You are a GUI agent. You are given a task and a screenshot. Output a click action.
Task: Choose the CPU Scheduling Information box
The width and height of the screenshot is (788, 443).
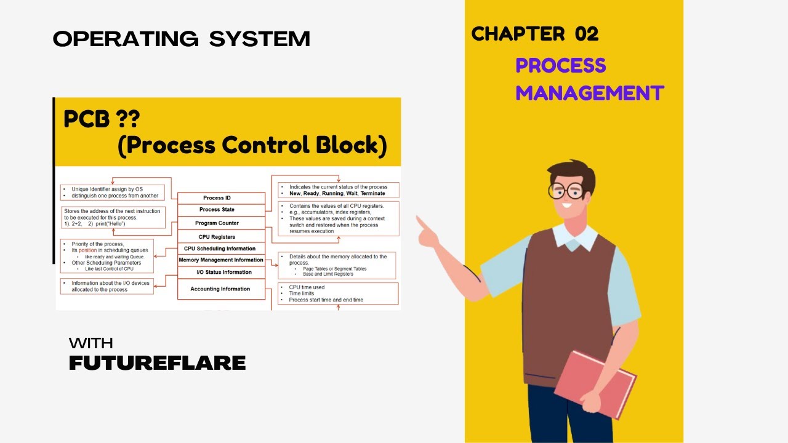click(220, 249)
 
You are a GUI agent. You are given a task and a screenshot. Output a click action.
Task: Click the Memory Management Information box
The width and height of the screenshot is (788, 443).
click(220, 260)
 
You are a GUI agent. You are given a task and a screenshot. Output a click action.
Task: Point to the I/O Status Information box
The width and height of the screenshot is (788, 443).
click(224, 272)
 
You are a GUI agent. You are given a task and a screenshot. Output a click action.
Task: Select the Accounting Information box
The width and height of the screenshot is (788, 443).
click(220, 289)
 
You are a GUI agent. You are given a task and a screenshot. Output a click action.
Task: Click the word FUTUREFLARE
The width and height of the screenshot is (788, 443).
click(157, 363)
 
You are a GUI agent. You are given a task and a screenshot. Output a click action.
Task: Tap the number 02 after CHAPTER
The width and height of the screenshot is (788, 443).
click(587, 34)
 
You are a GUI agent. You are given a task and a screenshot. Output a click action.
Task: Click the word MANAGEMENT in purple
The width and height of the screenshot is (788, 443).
click(589, 94)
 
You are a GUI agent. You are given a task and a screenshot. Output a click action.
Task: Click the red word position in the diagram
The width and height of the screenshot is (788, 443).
click(88, 250)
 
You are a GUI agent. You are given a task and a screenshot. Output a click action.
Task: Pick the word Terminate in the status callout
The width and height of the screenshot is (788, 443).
click(372, 193)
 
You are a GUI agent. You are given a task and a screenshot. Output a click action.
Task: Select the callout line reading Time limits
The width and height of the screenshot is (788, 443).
click(302, 293)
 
